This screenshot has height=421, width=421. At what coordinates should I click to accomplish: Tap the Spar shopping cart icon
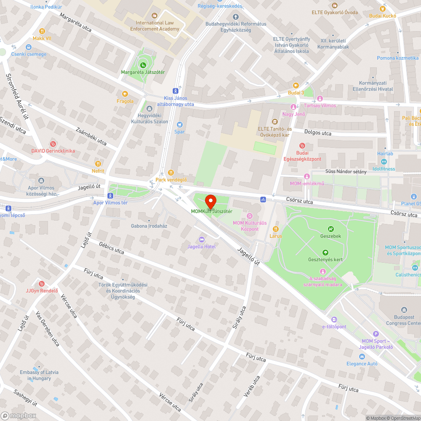(180, 124)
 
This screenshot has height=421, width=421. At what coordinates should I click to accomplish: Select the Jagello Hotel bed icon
(202, 239)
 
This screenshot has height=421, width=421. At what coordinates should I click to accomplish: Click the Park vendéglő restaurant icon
(171, 172)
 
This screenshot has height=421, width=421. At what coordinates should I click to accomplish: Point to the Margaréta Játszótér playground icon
(143, 65)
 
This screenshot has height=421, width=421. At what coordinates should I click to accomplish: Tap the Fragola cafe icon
(125, 94)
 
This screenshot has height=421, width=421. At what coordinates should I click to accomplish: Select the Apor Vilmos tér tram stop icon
(110, 195)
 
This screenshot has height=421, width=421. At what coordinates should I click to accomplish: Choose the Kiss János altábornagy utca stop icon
(175, 91)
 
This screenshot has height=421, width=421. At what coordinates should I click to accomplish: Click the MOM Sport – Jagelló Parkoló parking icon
(376, 334)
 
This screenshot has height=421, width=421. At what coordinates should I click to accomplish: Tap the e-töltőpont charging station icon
(334, 320)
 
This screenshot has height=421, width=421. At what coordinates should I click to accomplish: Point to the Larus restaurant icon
(276, 229)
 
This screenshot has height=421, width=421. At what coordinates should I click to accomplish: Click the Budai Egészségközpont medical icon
(302, 145)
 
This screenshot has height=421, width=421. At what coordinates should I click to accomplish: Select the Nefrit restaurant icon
(98, 164)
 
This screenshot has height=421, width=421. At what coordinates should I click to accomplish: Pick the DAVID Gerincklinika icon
(53, 144)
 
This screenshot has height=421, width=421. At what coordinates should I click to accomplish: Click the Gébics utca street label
(112, 248)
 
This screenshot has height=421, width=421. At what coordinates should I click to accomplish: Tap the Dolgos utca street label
(317, 133)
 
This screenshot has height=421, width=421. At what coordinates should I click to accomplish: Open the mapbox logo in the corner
(19, 415)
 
